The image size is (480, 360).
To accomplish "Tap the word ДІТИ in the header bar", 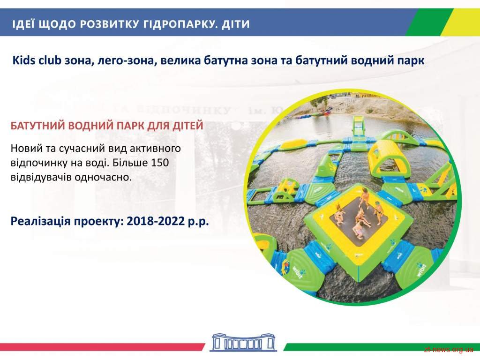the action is pyautogui.click(x=236, y=23).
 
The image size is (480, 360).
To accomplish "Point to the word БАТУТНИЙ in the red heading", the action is pyautogui.click(x=37, y=126).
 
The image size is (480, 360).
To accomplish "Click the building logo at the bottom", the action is pyautogui.click(x=243, y=342).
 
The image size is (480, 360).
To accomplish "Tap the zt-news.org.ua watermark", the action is pyautogui.click(x=449, y=349).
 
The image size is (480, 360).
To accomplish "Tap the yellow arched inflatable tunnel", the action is pyautogui.click(x=386, y=154).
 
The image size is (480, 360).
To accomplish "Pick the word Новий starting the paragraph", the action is pyautogui.click(x=26, y=148).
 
